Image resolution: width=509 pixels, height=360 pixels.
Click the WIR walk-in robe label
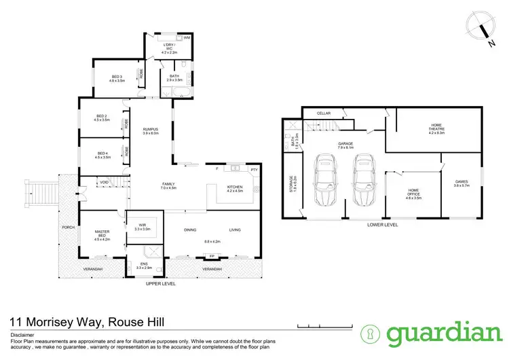(x=143, y=224)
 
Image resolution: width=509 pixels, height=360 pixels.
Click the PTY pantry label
(x=254, y=169)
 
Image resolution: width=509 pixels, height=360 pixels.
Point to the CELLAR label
(x=322, y=113)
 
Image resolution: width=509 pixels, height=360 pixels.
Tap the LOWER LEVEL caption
(x=383, y=224)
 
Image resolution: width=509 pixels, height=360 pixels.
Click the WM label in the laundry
(x=187, y=39)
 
